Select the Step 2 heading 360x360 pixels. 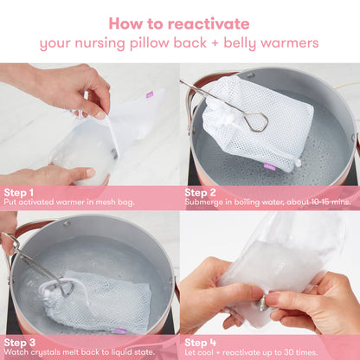202,193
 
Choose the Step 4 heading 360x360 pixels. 202,342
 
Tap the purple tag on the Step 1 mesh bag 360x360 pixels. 150,94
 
